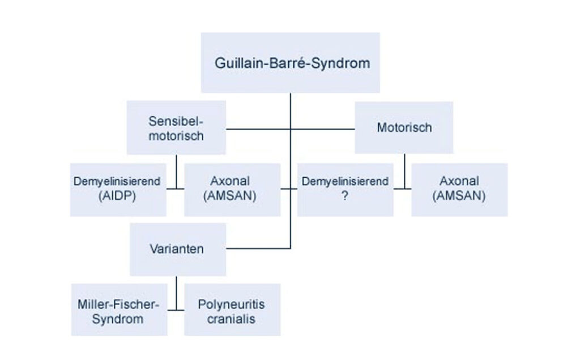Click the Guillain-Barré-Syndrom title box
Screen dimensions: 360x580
pos(291,62)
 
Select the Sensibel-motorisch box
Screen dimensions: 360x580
pos(176,128)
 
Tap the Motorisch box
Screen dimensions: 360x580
pos(404,127)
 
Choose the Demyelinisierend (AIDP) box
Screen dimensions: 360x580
pos(118,189)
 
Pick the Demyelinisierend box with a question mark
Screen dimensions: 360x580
pos(345,189)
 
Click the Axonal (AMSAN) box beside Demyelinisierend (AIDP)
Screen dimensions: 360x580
pos(232,189)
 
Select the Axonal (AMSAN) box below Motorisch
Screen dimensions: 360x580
pos(459,189)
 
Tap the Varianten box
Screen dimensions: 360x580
pos(177,249)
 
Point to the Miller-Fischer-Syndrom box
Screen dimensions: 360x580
pos(118,311)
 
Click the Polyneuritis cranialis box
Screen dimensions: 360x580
pos(232,311)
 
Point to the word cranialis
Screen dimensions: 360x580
pos(231,319)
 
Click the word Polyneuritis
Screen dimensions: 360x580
pos(231,305)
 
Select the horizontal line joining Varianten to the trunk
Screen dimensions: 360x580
pos(258,248)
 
